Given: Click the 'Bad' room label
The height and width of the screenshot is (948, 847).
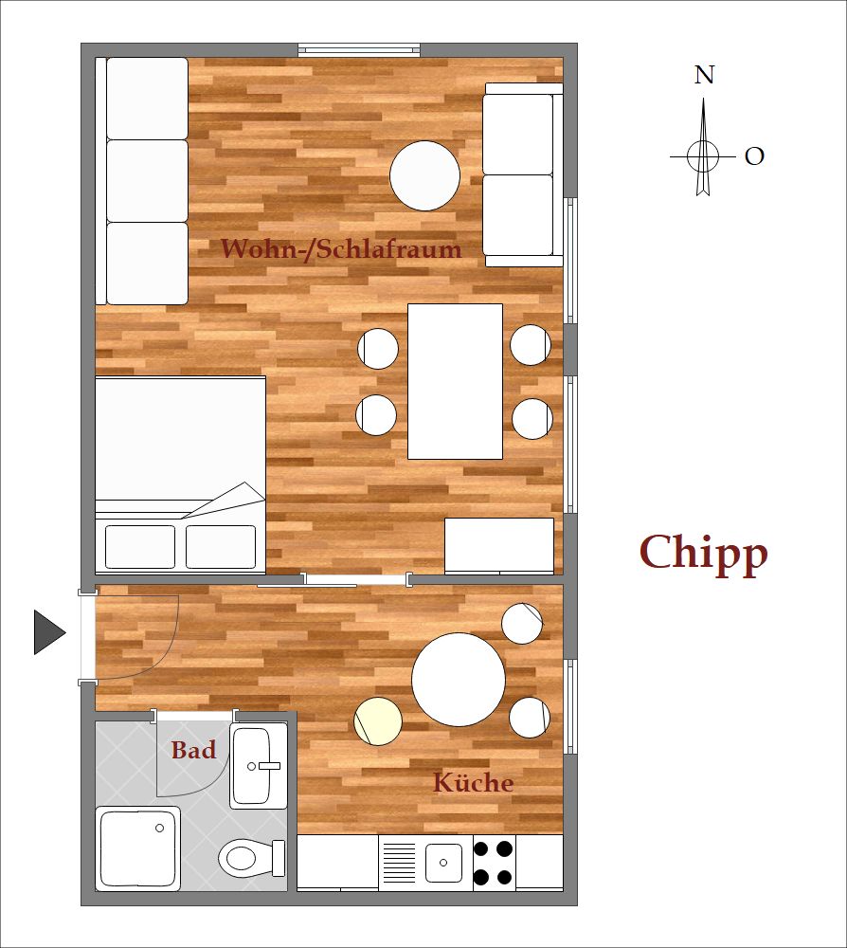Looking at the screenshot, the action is tap(193, 750).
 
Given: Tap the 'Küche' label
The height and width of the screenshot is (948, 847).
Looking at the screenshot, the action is tap(474, 782).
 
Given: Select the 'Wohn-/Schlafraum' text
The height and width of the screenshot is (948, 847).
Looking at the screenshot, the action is tap(341, 249).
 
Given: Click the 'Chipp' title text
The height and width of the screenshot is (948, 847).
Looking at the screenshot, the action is tap(703, 554).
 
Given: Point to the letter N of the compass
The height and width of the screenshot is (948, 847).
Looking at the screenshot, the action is tap(704, 75).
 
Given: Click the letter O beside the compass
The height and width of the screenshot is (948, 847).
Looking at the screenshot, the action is tap(754, 156).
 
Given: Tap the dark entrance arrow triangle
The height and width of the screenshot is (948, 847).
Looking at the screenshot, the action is tap(49, 632).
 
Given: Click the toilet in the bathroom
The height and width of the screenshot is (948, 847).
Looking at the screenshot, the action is tap(252, 858).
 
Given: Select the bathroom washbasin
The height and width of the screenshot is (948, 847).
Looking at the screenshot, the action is tap(258, 765).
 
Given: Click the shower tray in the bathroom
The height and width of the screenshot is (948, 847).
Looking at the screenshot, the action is tap(138, 848).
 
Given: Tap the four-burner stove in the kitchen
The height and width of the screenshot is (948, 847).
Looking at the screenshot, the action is tap(494, 863).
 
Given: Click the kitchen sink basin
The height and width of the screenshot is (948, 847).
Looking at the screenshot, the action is tap(443, 863).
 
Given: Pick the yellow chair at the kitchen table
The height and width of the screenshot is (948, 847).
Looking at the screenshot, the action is tap(378, 720).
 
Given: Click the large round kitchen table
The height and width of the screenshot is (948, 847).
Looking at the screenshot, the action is tap(459, 679).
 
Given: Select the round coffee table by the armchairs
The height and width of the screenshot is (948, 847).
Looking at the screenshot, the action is tap(424, 176).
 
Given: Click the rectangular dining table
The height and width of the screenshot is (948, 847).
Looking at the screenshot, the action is tap(455, 381).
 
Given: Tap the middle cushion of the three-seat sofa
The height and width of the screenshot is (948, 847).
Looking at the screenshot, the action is tap(148, 181).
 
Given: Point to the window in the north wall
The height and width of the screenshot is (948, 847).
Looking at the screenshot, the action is tap(359, 49).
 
